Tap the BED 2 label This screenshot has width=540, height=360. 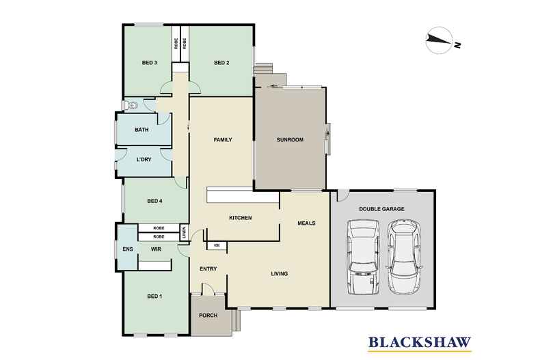pos(221,64)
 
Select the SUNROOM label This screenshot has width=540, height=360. pos(289,140)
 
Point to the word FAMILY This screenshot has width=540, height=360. pos(223,140)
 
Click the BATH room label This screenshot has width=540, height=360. pos(141,130)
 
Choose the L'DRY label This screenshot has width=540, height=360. pos(144,160)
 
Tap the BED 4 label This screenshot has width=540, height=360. pos(154,201)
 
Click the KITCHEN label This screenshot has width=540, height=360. pos(241,218)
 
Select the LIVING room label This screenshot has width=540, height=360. pos(279,274)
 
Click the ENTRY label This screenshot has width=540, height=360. pos(208,268)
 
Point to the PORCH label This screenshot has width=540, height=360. pos(207,316)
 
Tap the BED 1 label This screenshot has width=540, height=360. pos(154,296)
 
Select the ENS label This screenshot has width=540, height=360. pos(127,249)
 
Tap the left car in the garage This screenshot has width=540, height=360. pos(363,257)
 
